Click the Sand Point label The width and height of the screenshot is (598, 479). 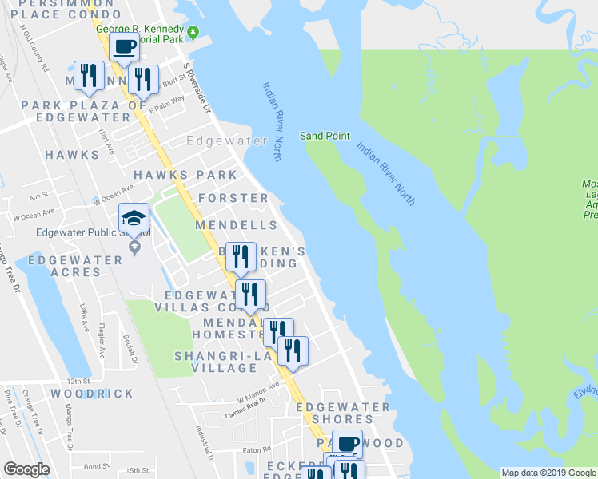325,136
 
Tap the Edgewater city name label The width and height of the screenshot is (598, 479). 227,141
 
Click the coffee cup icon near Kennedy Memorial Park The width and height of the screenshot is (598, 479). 123,48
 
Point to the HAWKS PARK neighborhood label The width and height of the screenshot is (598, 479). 185,175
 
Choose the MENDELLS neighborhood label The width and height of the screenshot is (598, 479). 237,226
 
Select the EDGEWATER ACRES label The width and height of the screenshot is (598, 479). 64,266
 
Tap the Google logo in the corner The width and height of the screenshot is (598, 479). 26,469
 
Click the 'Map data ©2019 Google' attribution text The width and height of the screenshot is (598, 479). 548,473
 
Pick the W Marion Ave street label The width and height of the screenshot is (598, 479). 258,391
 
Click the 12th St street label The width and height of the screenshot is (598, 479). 79,382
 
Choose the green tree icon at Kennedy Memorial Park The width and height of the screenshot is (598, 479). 193,32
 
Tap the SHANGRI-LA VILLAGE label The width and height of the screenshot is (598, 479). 215,362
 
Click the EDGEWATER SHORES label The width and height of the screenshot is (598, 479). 343,413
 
